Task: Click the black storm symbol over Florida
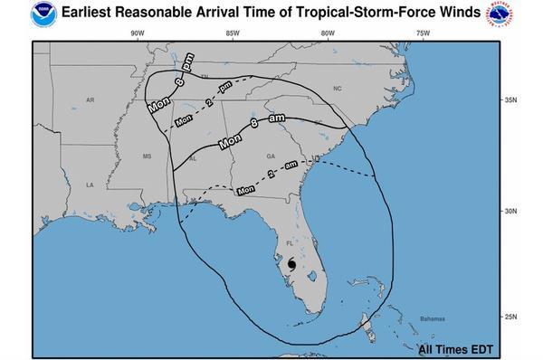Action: point(291,264)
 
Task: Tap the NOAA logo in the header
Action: point(14,14)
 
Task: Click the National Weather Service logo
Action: point(529,14)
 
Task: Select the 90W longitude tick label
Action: point(136,34)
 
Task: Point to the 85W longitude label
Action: point(232,34)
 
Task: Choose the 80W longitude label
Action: point(327,34)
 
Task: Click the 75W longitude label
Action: point(422,34)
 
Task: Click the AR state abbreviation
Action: point(90,100)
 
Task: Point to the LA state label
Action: point(90,185)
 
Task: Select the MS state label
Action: point(148,156)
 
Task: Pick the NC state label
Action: point(338,89)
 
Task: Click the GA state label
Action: point(270,156)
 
